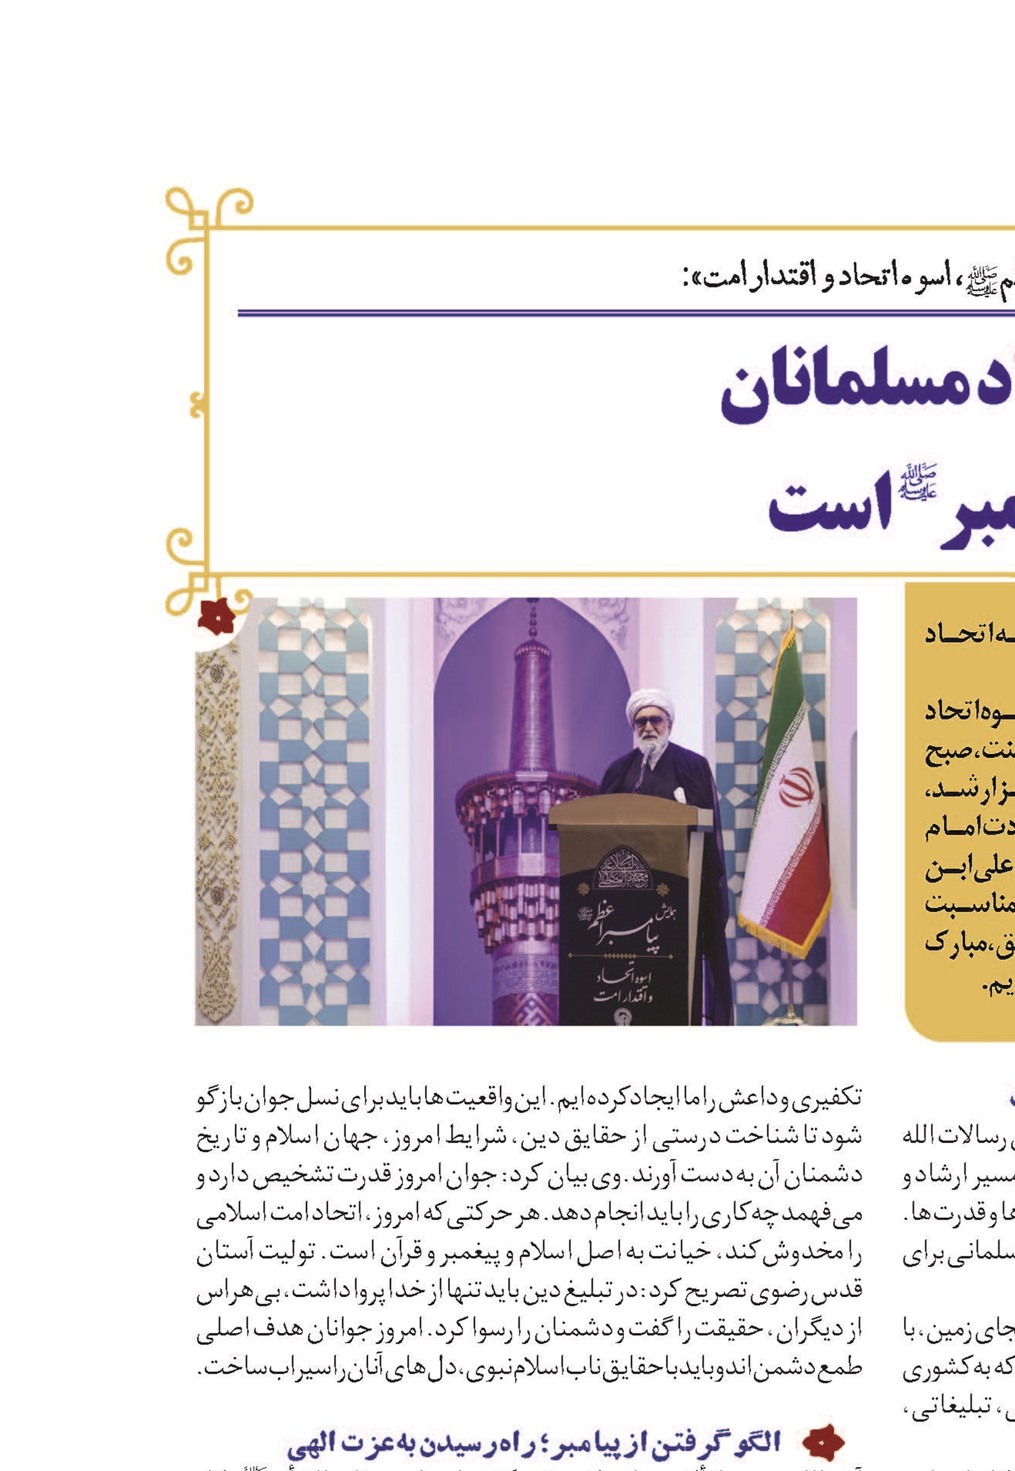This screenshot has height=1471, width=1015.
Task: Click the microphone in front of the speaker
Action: (648, 750)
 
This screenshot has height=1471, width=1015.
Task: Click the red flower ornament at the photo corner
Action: (216, 616)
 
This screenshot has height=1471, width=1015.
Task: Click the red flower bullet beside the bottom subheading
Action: (824, 1442)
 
